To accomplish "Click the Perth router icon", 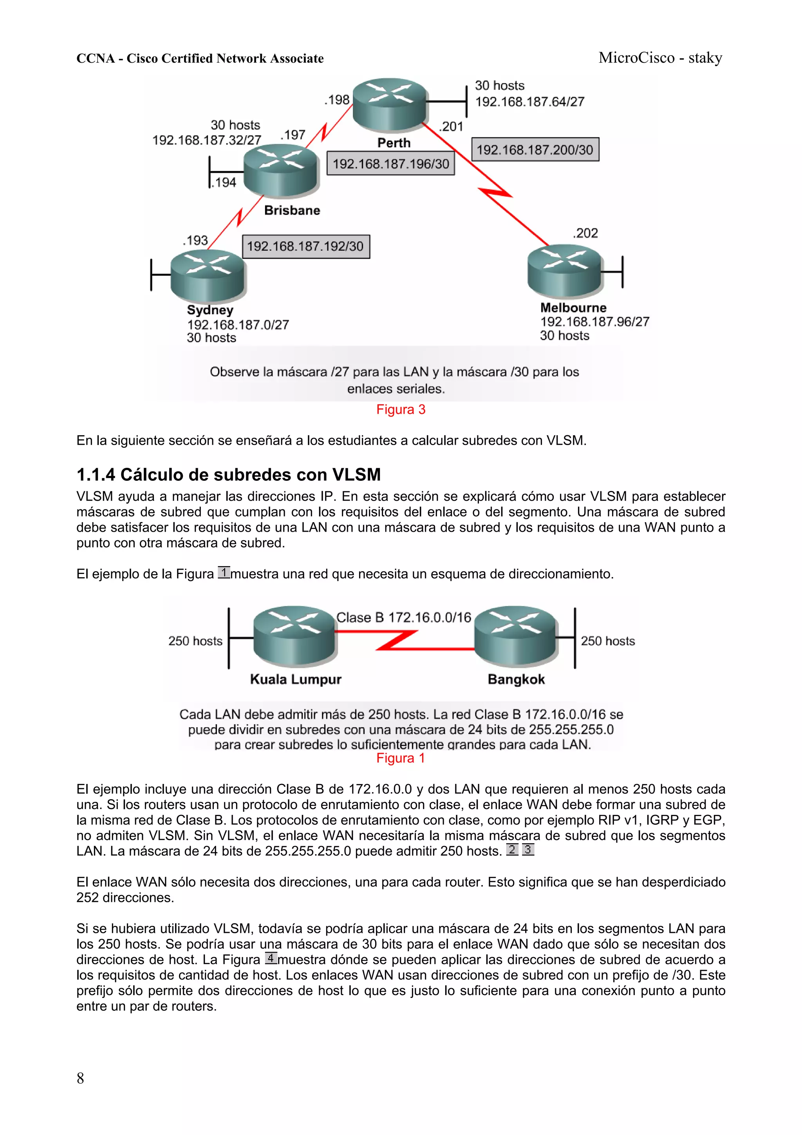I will pos(389,104).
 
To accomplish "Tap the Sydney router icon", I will pos(208,276).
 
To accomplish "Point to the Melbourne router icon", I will pos(565,270).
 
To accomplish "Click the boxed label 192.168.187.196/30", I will pos(390,164).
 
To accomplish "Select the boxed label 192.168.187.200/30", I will pos(535,150).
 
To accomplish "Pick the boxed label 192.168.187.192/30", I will pos(305,246).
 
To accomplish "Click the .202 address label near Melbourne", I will pos(585,233).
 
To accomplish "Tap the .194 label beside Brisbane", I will pos(224,183).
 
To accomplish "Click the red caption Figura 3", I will pos(400,409).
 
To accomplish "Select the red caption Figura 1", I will pos(400,758).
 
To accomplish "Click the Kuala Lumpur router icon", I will pos(294,636).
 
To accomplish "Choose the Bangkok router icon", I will pos(515,636).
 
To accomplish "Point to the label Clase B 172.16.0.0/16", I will pos(404,617).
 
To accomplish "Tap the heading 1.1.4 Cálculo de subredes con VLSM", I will pos(228,474).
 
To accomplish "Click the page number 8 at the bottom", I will pos(80,1078).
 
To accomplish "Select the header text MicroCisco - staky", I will pos(660,58).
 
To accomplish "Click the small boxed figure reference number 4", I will pos(271,958).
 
